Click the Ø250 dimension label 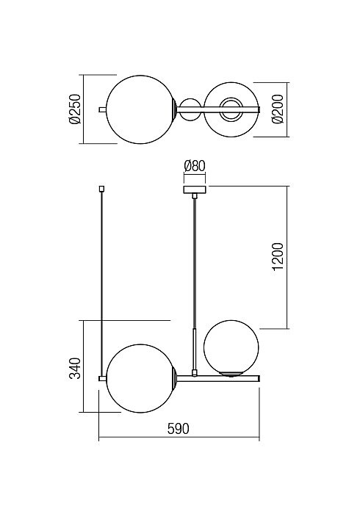(x=75, y=109)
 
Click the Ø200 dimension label (x=278, y=109)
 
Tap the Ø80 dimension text (x=195, y=166)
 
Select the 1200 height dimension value (x=278, y=256)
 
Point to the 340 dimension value (x=75, y=368)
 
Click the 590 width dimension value (x=179, y=429)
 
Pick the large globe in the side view (x=141, y=378)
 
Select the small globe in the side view (x=231, y=348)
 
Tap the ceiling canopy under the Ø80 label (x=195, y=189)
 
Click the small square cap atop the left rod (x=101, y=189)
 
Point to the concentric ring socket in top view (x=231, y=109)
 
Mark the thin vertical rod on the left (x=102, y=283)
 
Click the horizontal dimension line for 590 (x=179, y=437)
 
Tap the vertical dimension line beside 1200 (x=287, y=257)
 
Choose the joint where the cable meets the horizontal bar (x=195, y=372)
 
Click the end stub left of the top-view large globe (x=102, y=109)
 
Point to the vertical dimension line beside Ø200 (x=287, y=109)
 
